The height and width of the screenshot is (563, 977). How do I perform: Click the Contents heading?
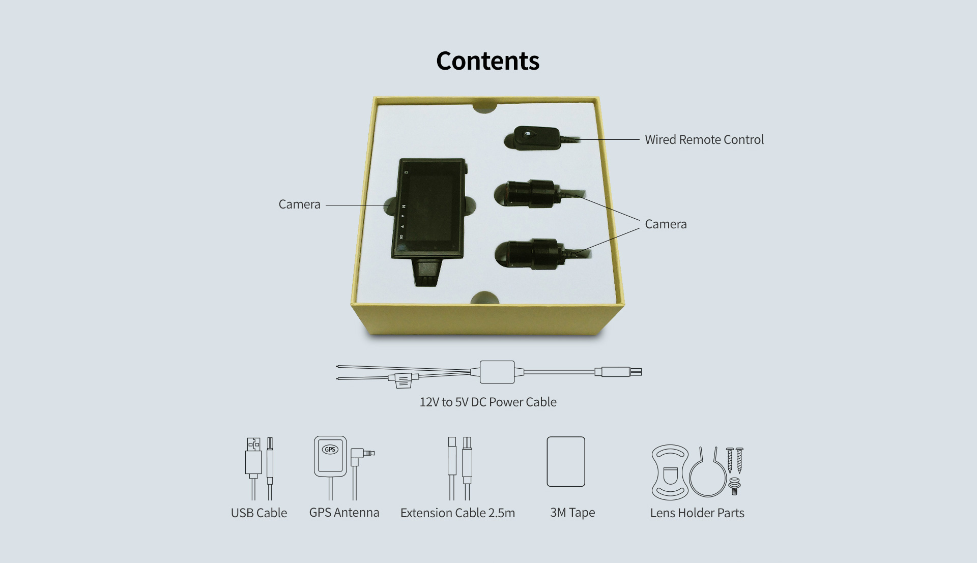coord(487,61)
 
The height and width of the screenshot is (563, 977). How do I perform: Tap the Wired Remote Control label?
coord(704,139)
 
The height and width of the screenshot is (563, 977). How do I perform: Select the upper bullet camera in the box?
coord(539,194)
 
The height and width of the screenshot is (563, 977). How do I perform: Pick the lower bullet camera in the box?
coord(539,253)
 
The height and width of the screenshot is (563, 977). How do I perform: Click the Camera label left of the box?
coord(299,204)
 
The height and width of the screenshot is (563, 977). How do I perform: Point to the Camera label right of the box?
coord(666,224)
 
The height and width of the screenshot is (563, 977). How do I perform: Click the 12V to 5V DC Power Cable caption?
coord(488,402)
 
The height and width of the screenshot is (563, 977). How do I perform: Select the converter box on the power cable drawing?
coord(497,372)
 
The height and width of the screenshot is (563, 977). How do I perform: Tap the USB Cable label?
coord(259,513)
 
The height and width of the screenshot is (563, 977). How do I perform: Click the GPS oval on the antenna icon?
coord(330,450)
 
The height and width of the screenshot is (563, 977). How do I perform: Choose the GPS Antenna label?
coord(344,513)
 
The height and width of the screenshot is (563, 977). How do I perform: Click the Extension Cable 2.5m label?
coord(457,513)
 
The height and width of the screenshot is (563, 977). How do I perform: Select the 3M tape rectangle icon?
coord(566,462)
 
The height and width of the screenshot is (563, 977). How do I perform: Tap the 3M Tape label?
coord(572,513)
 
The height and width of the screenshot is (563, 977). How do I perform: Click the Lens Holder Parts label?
coord(697,513)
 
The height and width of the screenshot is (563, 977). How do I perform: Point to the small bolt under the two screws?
coord(734,486)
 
